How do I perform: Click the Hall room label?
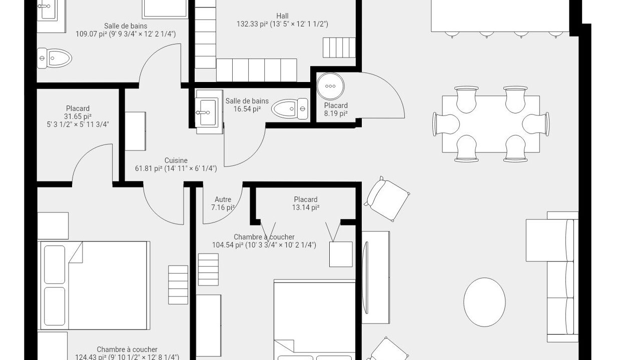point(282,16)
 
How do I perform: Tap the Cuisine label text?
point(176,160)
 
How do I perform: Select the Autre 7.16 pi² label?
point(223,203)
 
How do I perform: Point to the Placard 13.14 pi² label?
point(306,203)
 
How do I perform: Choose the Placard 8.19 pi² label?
point(336,109)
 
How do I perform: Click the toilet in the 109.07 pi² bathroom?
point(55,58)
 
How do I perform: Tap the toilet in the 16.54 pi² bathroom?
point(290,109)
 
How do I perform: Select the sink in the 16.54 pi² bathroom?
point(209,112)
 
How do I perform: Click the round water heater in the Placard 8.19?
point(330,86)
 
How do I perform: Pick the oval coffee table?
point(484,302)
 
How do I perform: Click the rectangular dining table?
point(491,124)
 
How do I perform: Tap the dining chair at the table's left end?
point(446,124)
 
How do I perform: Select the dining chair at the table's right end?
point(536,124)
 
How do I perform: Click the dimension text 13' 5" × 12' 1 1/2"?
point(299,24)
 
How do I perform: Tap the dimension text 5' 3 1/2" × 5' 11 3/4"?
point(78,124)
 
